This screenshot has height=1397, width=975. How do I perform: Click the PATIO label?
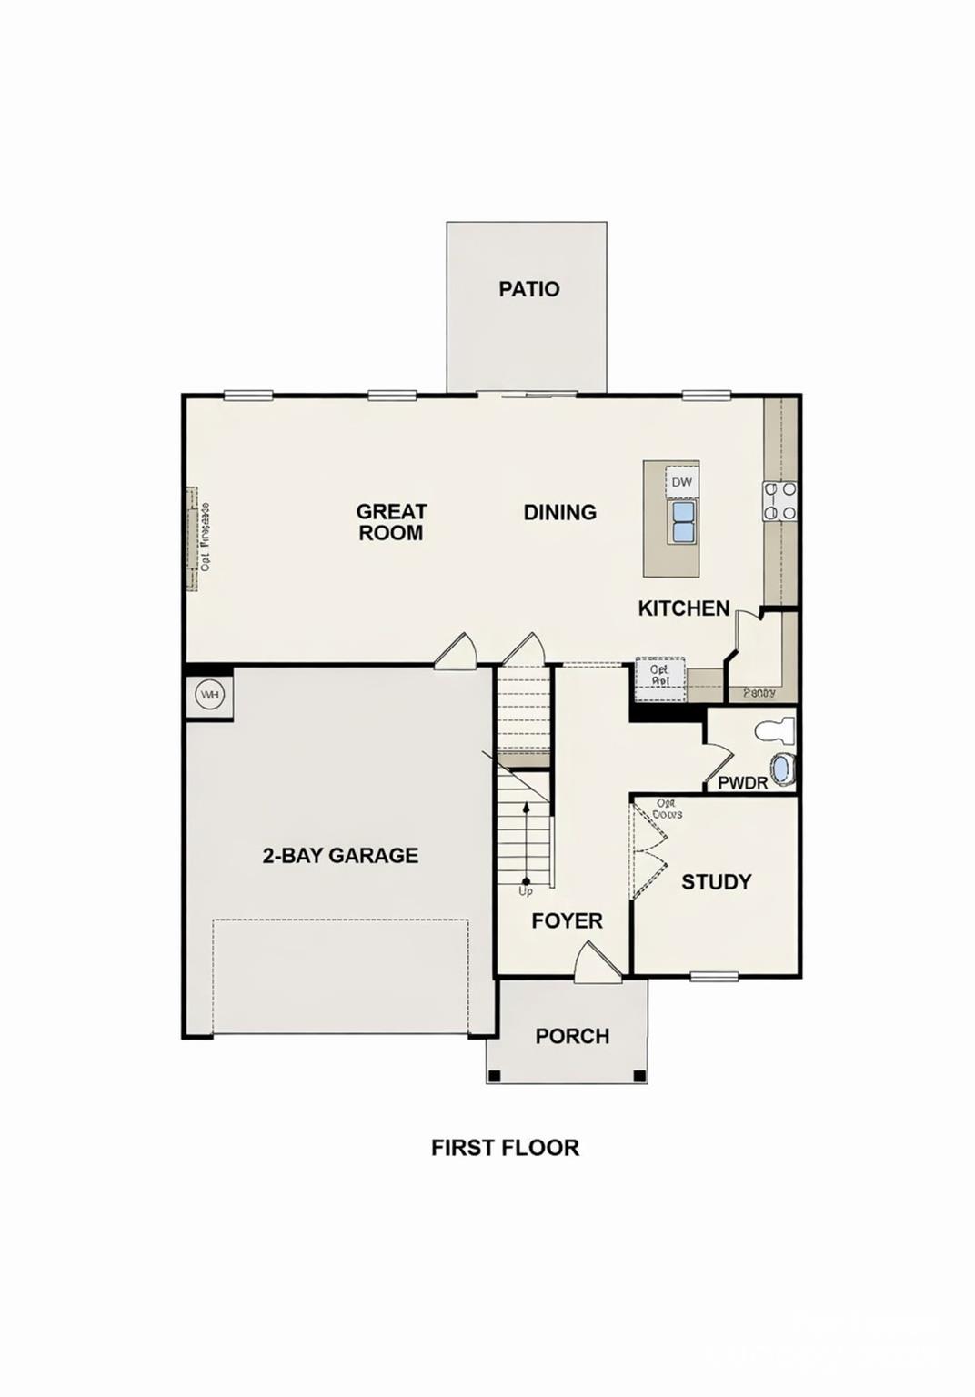pos(528,289)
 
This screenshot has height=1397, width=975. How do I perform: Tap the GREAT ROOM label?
pos(391,522)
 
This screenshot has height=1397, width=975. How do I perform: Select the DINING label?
pos(559,512)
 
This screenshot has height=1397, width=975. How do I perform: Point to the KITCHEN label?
pos(683,608)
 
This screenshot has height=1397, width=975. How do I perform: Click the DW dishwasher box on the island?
pos(681,483)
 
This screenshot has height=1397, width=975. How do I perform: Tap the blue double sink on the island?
pos(682,522)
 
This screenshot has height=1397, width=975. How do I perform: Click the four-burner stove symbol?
pos(779,501)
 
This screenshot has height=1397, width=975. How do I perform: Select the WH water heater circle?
pos(210,696)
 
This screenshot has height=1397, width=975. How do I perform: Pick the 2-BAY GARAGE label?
pos(340,855)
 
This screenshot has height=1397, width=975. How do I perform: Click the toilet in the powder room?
pos(776,729)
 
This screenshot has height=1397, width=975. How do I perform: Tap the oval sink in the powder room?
pos(782,769)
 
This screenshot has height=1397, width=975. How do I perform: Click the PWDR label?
pos(742,782)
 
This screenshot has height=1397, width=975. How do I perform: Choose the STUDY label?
pos(716,881)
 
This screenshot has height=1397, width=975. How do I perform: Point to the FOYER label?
pos(567,920)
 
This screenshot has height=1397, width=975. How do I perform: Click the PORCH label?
pos(572,1036)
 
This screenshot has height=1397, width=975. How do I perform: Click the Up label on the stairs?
pos(526,891)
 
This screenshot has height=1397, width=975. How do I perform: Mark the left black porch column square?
pos(494,1076)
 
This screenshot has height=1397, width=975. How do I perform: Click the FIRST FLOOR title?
pos(505,1148)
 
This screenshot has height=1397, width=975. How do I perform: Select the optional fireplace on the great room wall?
pos(193,538)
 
